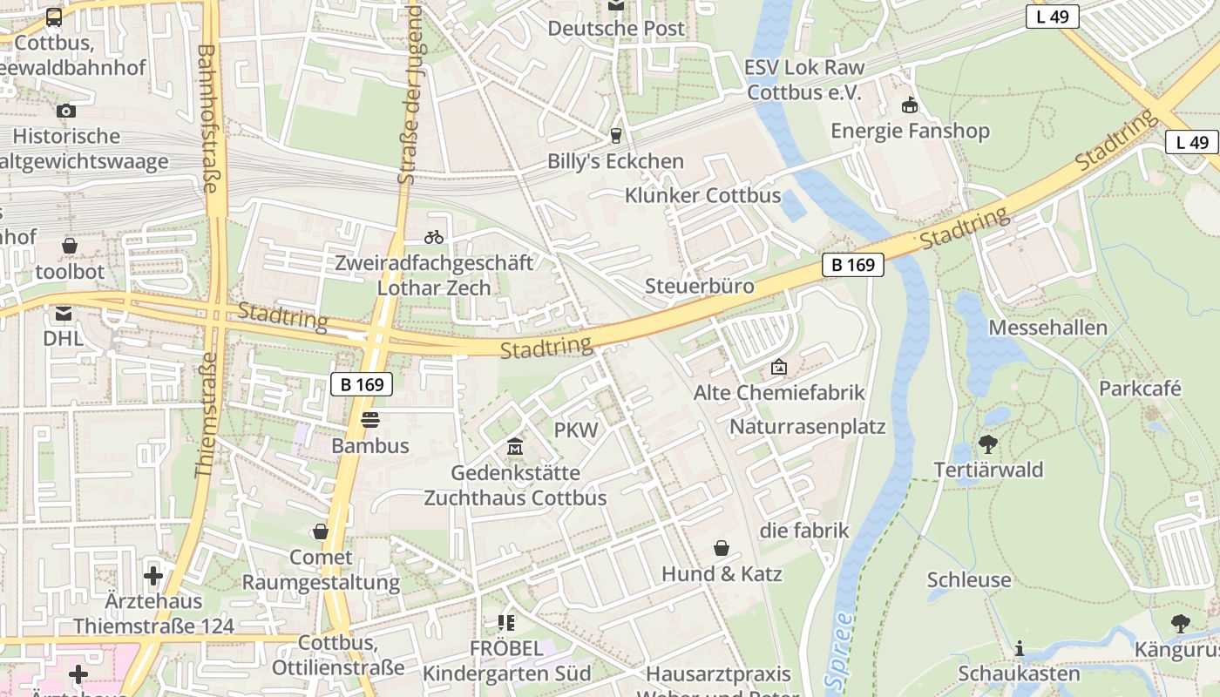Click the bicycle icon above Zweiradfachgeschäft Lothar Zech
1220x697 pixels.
point(433,236)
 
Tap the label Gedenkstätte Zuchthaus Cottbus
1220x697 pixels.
point(515,485)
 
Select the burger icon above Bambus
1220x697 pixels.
point(370,420)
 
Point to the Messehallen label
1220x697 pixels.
point(1048,328)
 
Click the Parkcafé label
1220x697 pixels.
point(1140,388)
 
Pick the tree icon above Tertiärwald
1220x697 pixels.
point(987,444)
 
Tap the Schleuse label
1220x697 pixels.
point(969,579)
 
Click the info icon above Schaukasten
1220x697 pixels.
point(1019,648)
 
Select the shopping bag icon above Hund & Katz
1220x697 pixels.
point(722,548)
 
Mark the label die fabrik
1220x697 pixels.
point(804,531)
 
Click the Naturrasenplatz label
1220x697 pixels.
point(807,427)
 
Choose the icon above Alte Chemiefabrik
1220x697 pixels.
point(779,368)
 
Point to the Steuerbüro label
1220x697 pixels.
point(700,286)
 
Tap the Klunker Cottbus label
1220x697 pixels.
point(702,195)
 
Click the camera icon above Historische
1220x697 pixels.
point(65,111)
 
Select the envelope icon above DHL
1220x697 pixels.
point(64,313)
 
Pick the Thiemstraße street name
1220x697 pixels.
point(205,414)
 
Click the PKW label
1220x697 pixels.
point(576,430)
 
